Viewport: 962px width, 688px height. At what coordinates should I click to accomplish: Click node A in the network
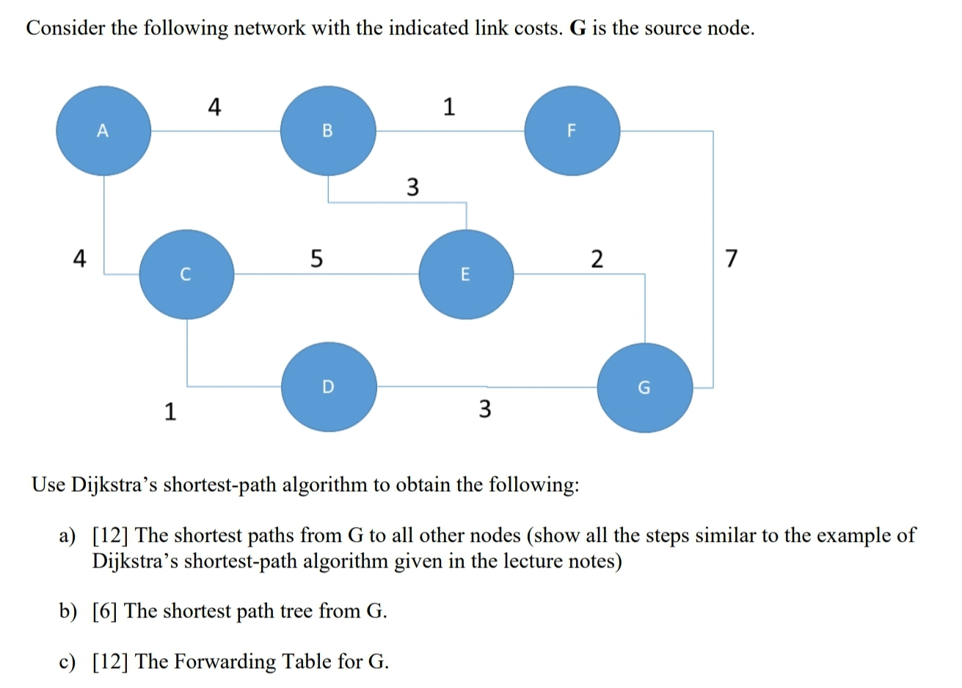(103, 131)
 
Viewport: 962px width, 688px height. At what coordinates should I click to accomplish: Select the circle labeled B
(328, 131)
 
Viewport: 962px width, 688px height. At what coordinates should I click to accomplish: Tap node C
(186, 275)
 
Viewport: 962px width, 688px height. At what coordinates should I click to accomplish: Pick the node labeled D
(329, 385)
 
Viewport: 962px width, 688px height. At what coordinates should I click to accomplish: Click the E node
(465, 275)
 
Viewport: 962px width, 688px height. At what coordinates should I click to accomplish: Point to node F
(572, 131)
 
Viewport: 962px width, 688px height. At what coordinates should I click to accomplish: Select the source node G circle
(644, 387)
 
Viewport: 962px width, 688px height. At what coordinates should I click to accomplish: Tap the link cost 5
(316, 258)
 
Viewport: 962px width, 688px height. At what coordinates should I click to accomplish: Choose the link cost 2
(597, 258)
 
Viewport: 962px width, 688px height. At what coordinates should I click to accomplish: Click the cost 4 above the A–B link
(214, 108)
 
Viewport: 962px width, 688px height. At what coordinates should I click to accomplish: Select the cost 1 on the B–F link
(449, 108)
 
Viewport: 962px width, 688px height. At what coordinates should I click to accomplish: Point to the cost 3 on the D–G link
(485, 408)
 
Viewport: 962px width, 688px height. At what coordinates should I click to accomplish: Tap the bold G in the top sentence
(577, 28)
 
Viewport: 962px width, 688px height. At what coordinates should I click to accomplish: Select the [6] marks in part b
(106, 611)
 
